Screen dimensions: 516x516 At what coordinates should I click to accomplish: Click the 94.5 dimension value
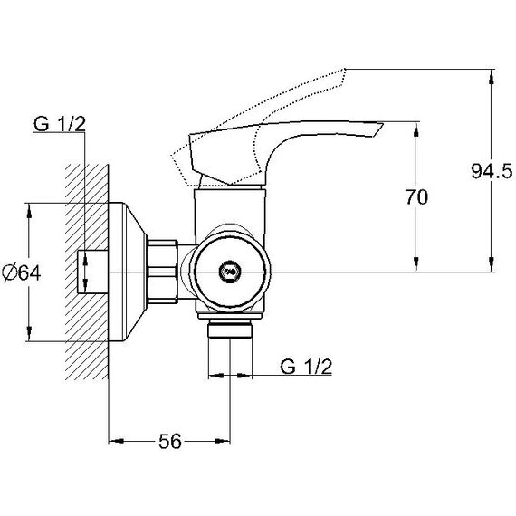coord(492,172)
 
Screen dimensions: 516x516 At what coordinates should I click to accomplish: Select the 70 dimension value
coord(416,197)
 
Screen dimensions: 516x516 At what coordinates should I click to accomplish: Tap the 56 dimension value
coord(170,442)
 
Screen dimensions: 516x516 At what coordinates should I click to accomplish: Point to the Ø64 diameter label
coord(22,272)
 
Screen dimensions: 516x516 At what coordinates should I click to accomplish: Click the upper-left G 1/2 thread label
coord(59,124)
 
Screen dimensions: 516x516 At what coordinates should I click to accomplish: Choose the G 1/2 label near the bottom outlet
coord(306,367)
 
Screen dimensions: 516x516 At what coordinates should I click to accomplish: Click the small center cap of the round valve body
coord(230,272)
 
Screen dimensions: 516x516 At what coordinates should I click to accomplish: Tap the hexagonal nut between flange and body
coord(163,272)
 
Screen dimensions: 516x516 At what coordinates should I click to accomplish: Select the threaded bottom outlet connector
coord(230,328)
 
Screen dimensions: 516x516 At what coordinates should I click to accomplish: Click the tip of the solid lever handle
coord(382,124)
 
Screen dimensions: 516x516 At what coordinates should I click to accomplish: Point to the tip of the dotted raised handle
coord(345,69)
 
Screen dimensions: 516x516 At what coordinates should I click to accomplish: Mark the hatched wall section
coord(87,272)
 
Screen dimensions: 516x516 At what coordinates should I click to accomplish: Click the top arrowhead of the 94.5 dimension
coord(492,76)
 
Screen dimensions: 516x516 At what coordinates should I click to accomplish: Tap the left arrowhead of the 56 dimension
coord(116,441)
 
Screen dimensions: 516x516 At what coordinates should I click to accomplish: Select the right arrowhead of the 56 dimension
coord(223,441)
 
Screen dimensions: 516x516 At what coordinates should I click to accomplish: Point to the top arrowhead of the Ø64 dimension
coord(29,211)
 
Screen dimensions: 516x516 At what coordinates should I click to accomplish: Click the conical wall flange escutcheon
coord(127,272)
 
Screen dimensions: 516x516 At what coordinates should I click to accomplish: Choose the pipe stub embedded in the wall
coord(93,272)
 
